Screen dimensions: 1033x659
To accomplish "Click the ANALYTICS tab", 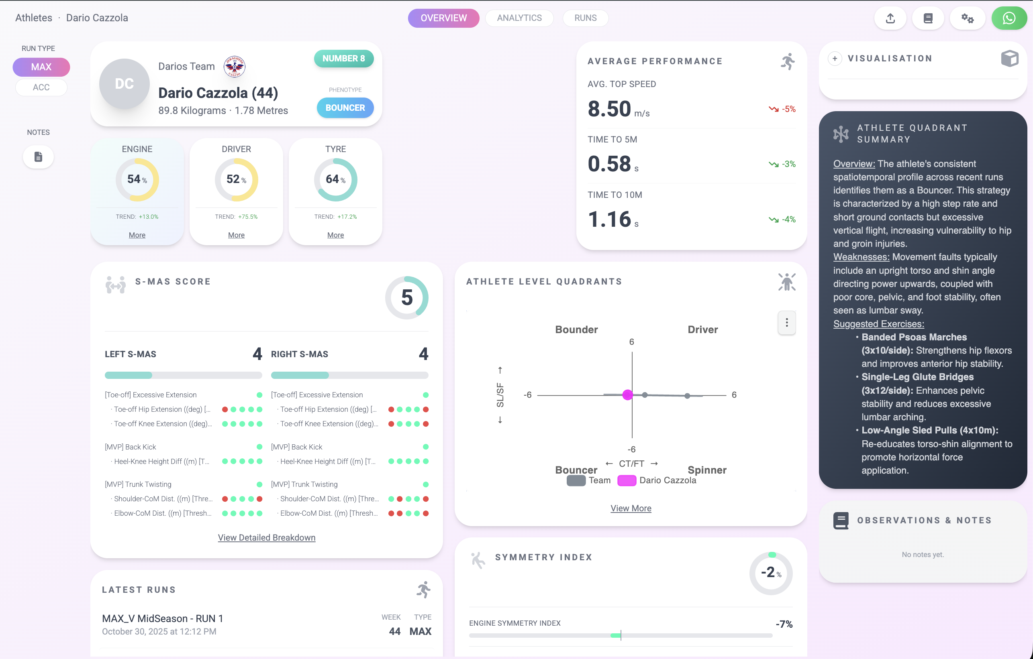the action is pyautogui.click(x=519, y=18).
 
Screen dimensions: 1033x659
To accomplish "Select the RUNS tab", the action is pyautogui.click(x=585, y=18).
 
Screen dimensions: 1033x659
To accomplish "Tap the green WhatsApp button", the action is pyautogui.click(x=1009, y=18).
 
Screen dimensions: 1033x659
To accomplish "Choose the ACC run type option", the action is pyautogui.click(x=41, y=87).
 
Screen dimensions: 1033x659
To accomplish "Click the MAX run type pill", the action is pyautogui.click(x=41, y=67).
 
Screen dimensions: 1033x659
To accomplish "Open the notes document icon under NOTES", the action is pyautogui.click(x=38, y=157).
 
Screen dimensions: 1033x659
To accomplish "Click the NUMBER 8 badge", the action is pyautogui.click(x=344, y=58).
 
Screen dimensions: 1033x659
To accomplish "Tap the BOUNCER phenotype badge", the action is pyautogui.click(x=345, y=108).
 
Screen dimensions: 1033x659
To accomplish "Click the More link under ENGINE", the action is pyautogui.click(x=137, y=235).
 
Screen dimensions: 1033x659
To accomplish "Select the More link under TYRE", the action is pyautogui.click(x=335, y=235).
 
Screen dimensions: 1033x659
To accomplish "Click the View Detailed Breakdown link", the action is pyautogui.click(x=266, y=538).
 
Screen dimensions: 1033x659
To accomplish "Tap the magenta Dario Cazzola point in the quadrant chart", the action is pyautogui.click(x=627, y=395).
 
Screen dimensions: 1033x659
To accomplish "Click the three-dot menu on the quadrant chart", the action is pyautogui.click(x=786, y=322).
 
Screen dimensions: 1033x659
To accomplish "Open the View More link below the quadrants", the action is pyautogui.click(x=631, y=508).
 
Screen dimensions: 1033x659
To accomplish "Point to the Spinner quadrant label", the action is pyautogui.click(x=707, y=470).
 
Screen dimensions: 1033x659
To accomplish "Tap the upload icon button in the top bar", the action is pyautogui.click(x=890, y=18).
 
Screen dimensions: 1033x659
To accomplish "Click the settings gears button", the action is pyautogui.click(x=967, y=18).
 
